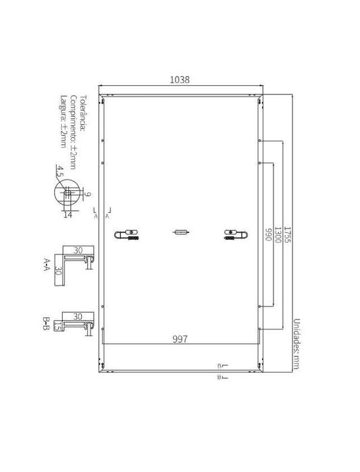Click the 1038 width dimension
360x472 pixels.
(x=180, y=80)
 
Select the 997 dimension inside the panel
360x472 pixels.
(x=180, y=339)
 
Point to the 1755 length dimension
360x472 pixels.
(x=288, y=235)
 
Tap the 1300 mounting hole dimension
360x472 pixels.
(x=278, y=235)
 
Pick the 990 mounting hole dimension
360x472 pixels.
(x=268, y=235)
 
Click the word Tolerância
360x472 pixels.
(x=83, y=113)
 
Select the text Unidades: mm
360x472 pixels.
(x=297, y=344)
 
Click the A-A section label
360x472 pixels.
(x=46, y=264)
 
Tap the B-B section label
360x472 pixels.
(x=46, y=323)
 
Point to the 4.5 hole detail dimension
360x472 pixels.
(x=59, y=171)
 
